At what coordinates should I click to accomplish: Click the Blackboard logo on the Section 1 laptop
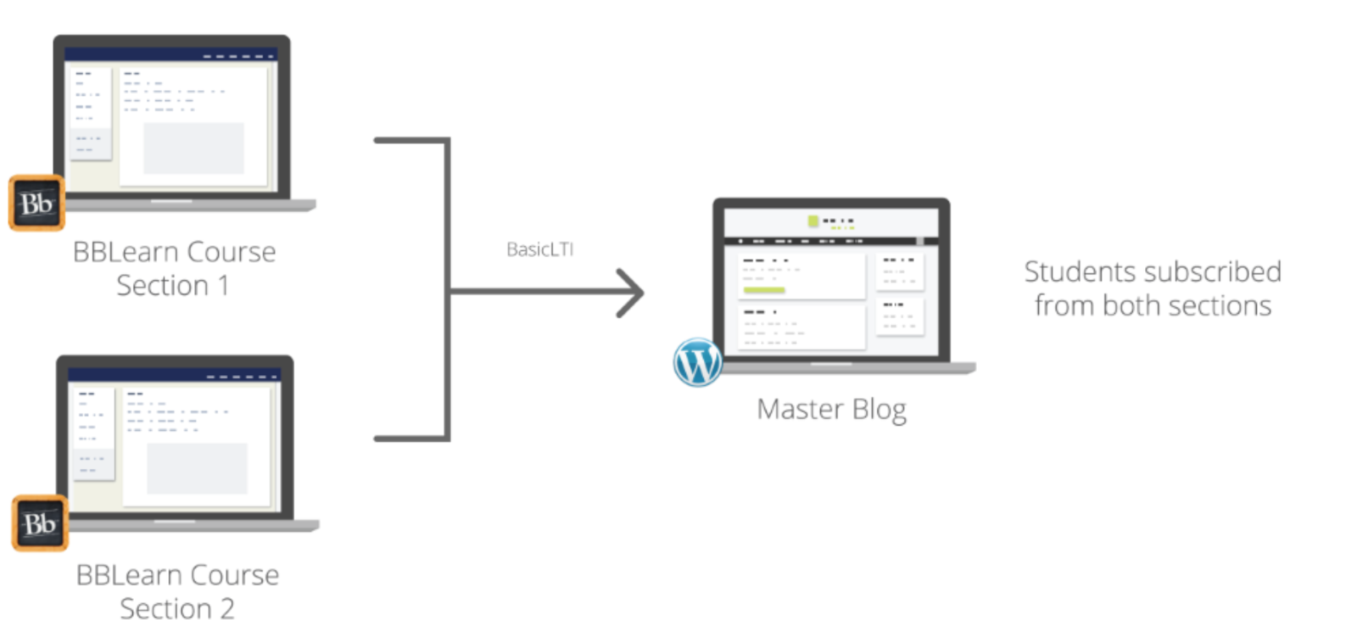pos(36,204)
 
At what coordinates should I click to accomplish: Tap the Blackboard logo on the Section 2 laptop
pos(39,523)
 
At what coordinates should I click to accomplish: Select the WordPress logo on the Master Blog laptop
pos(696,362)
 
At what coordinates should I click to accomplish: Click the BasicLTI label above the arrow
pos(540,250)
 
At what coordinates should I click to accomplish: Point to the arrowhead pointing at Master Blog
pos(634,294)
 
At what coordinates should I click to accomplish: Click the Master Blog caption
pos(831,410)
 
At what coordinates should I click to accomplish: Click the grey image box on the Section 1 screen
pos(193,148)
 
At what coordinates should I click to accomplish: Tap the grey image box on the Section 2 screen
pos(197,468)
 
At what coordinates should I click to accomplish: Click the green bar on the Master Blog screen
pos(763,291)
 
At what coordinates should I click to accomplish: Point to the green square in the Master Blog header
pos(813,221)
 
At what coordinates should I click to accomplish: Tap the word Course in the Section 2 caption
pos(231,575)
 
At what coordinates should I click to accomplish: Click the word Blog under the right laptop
pos(877,410)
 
